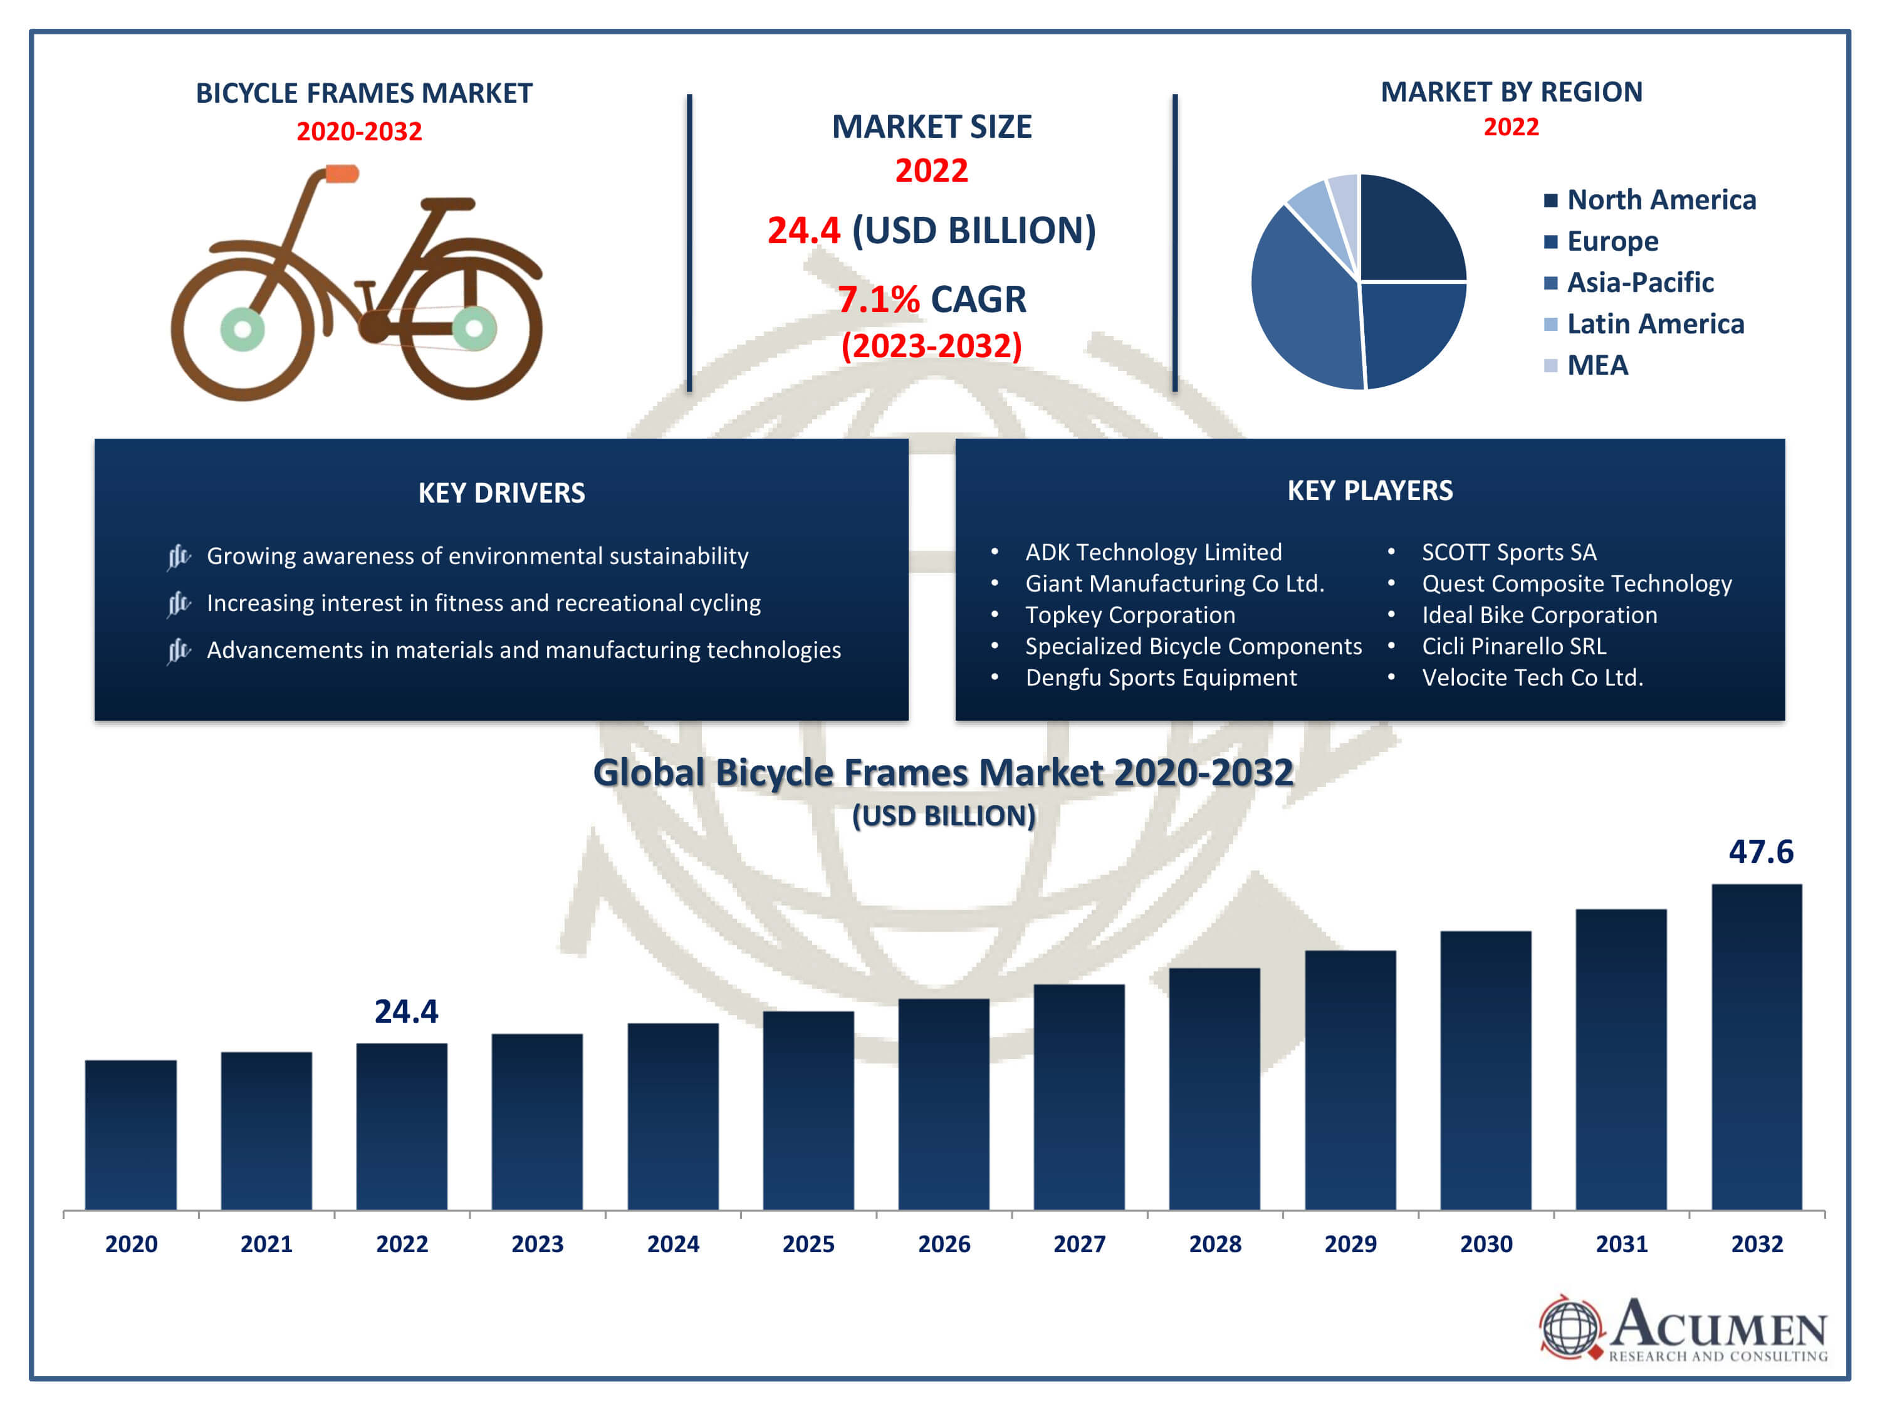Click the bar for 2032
pyautogui.click(x=1756, y=1045)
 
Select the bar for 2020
pyautogui.click(x=131, y=1135)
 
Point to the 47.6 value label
pyautogui.click(x=1760, y=852)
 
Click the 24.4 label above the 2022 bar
pyautogui.click(x=406, y=1011)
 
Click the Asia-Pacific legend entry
pyautogui.click(x=1639, y=282)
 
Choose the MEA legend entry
pyautogui.click(x=1597, y=365)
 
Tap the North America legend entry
pyautogui.click(x=1661, y=200)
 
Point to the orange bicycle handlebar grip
pyautogui.click(x=342, y=174)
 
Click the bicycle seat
pyautogui.click(x=448, y=204)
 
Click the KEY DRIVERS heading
pyautogui.click(x=501, y=493)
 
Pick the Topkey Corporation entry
pyautogui.click(x=1129, y=615)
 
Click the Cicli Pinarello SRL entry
pyautogui.click(x=1513, y=646)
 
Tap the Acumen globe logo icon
pyautogui.click(x=1569, y=1326)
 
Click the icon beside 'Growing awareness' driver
pyautogui.click(x=179, y=556)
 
